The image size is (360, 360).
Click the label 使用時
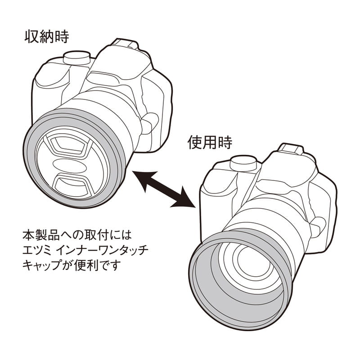click(210, 143)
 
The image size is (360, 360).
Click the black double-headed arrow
click(164, 189)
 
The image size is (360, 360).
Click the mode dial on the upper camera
click(75, 58)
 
